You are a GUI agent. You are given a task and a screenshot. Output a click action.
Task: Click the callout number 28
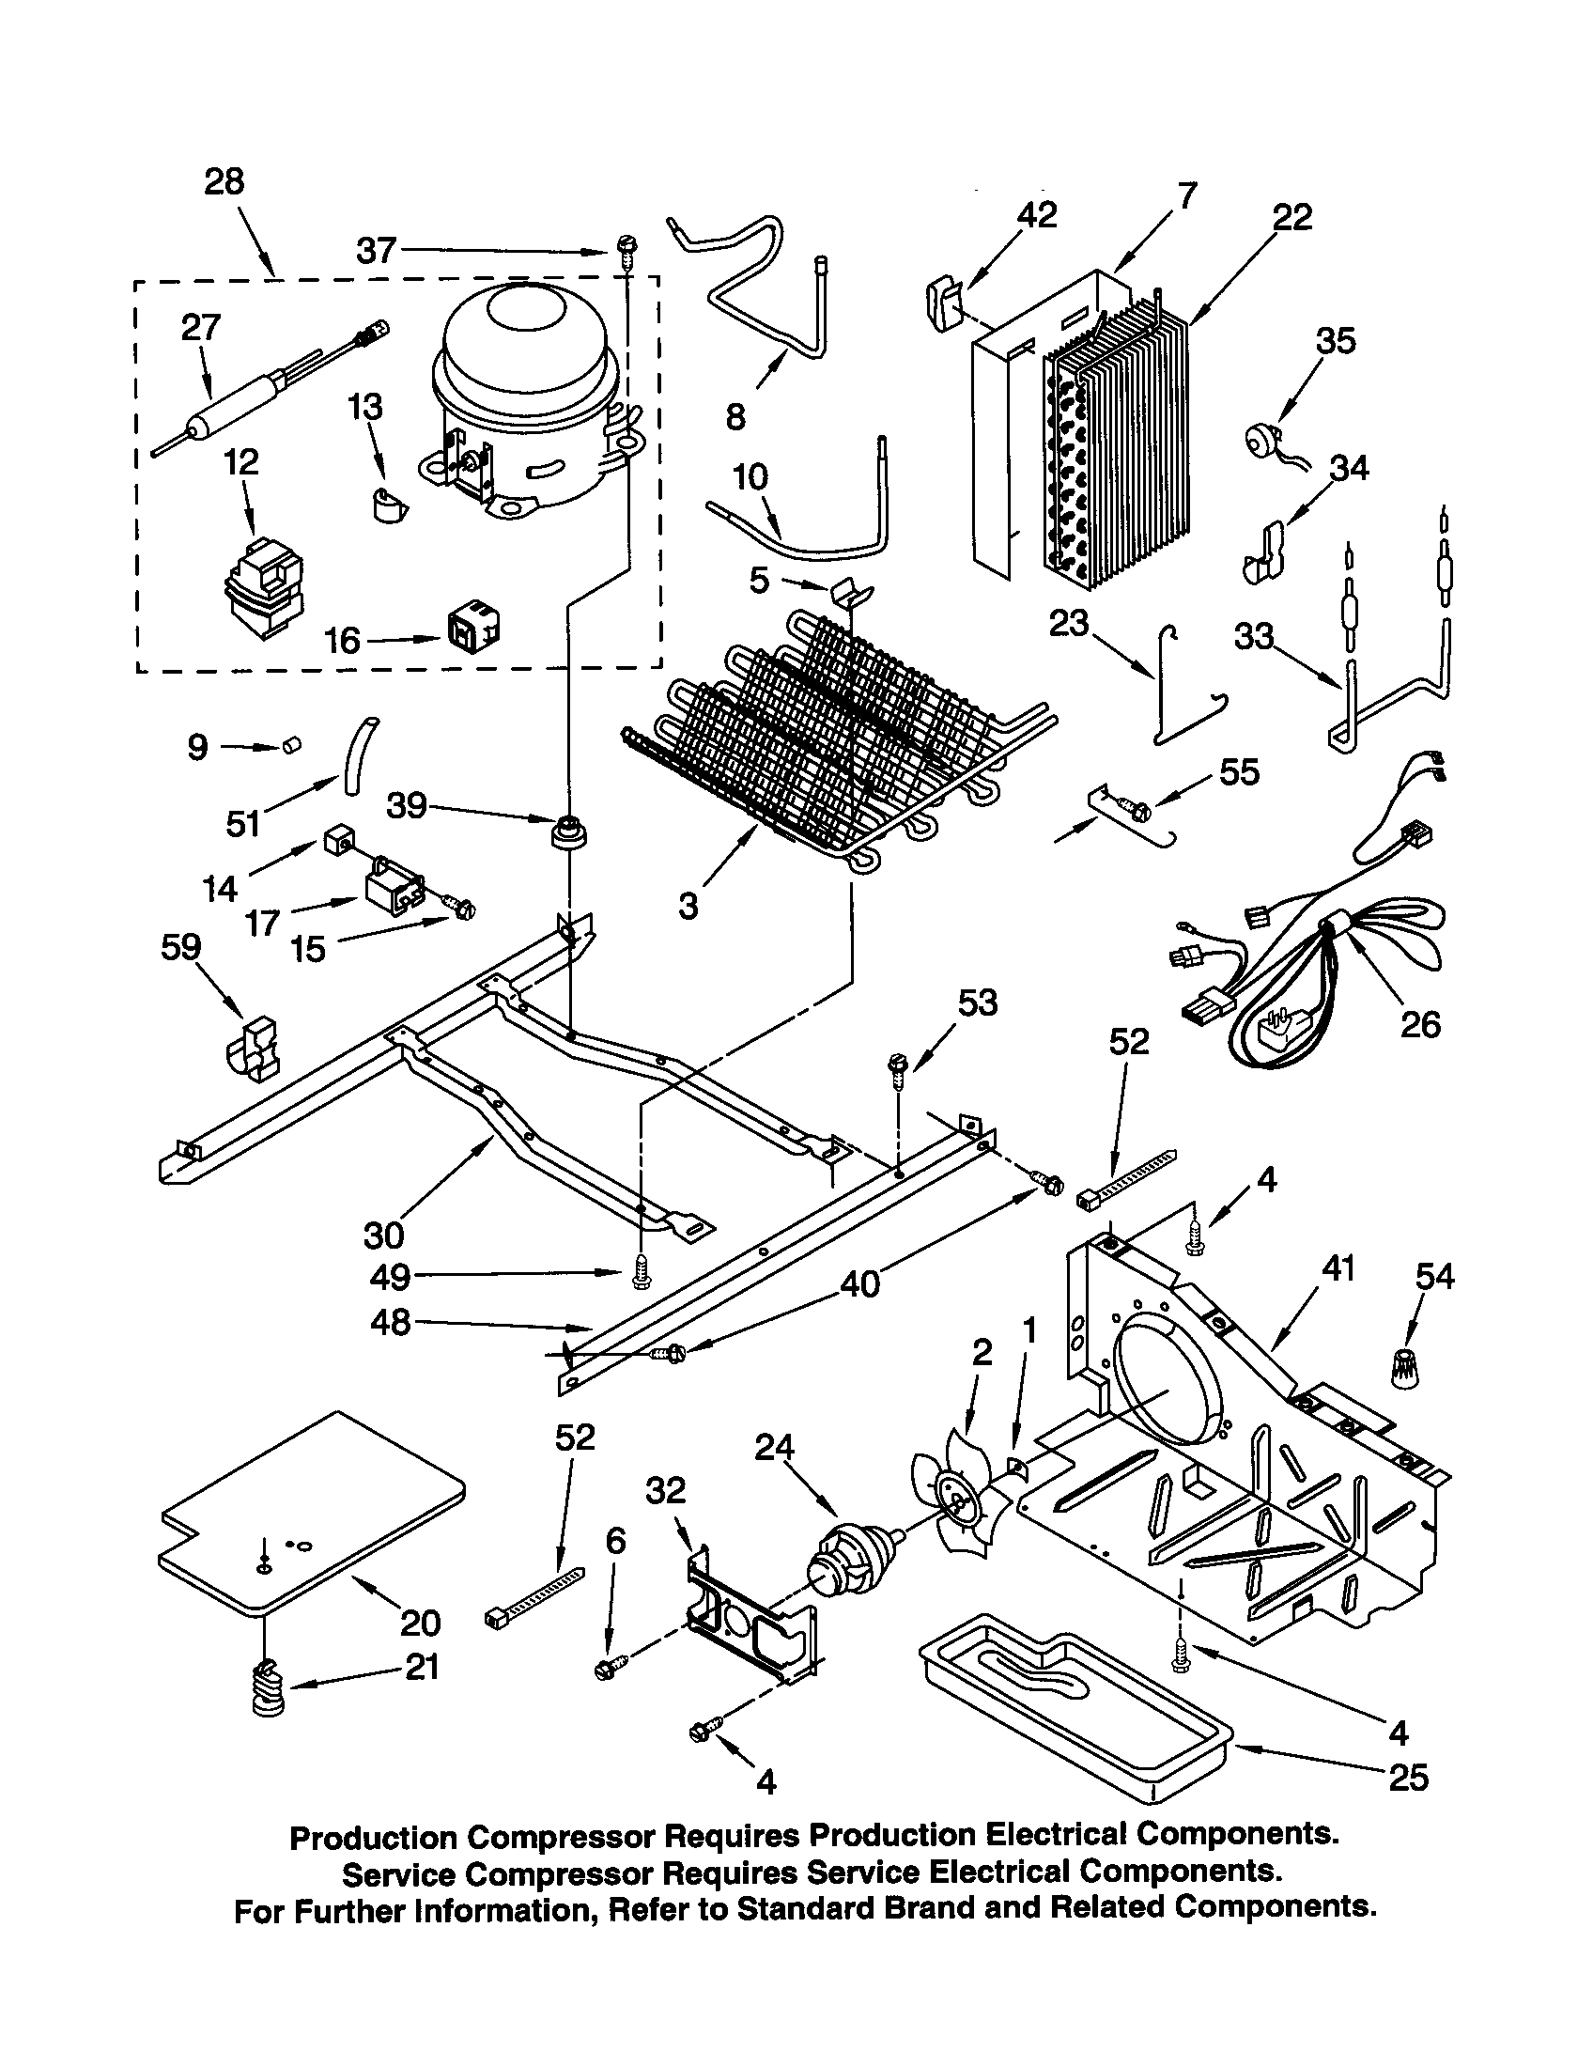pyautogui.click(x=224, y=180)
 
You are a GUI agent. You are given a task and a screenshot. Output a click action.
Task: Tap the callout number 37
pyautogui.click(x=376, y=251)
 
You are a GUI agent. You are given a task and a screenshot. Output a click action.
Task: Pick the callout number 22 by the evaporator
pyautogui.click(x=1292, y=218)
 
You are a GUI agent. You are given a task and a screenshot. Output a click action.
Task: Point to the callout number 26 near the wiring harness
pyautogui.click(x=1419, y=1024)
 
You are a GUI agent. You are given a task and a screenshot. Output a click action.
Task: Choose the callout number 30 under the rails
pyautogui.click(x=383, y=1236)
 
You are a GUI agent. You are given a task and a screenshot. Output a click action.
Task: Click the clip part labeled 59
pyautogui.click(x=253, y=1048)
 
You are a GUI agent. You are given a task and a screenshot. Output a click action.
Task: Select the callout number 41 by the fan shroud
pyautogui.click(x=1338, y=1268)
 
